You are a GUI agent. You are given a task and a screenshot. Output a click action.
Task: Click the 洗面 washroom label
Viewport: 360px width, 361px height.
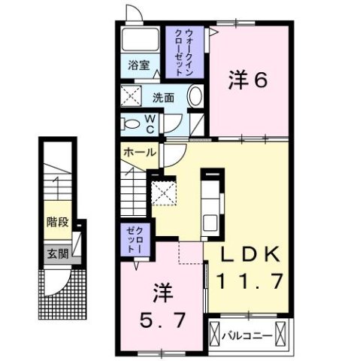164,98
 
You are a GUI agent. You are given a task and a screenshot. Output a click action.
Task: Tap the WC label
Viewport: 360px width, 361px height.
150,123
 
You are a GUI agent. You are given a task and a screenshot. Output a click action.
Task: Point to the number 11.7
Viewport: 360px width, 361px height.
250,282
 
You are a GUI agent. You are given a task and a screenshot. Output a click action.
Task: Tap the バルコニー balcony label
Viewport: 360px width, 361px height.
249,330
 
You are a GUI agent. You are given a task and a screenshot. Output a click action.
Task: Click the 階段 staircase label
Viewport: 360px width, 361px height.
55,222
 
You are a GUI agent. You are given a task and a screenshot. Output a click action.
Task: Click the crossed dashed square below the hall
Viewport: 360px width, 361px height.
163,192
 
